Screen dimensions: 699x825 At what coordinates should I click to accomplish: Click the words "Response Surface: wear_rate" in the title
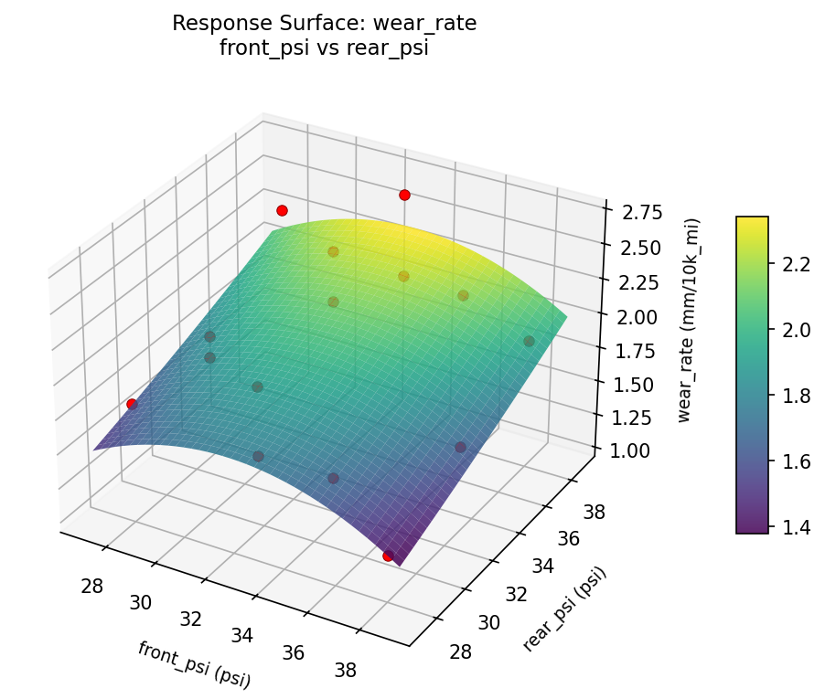pyautogui.click(x=324, y=24)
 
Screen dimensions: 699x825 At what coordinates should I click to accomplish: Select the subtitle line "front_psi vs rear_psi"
pyautogui.click(x=324, y=49)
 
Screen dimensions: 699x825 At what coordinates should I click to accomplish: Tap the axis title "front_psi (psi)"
pyautogui.click(x=194, y=663)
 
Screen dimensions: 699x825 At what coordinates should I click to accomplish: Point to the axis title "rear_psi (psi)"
pyautogui.click(x=564, y=609)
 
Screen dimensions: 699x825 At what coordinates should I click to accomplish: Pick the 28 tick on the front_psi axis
pyautogui.click(x=91, y=586)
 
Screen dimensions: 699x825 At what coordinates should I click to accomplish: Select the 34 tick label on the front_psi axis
pyautogui.click(x=241, y=635)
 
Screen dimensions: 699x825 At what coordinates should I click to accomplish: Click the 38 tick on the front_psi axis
pyautogui.click(x=345, y=670)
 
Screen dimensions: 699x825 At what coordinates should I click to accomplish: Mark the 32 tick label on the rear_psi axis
pyautogui.click(x=516, y=595)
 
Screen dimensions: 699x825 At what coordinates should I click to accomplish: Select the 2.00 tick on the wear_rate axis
pyautogui.click(x=635, y=316)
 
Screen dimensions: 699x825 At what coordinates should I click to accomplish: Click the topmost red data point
pyautogui.click(x=404, y=195)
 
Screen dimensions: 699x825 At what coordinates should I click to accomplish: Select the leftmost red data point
pyautogui.click(x=132, y=404)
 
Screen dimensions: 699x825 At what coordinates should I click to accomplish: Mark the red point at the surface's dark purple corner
pyautogui.click(x=388, y=556)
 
